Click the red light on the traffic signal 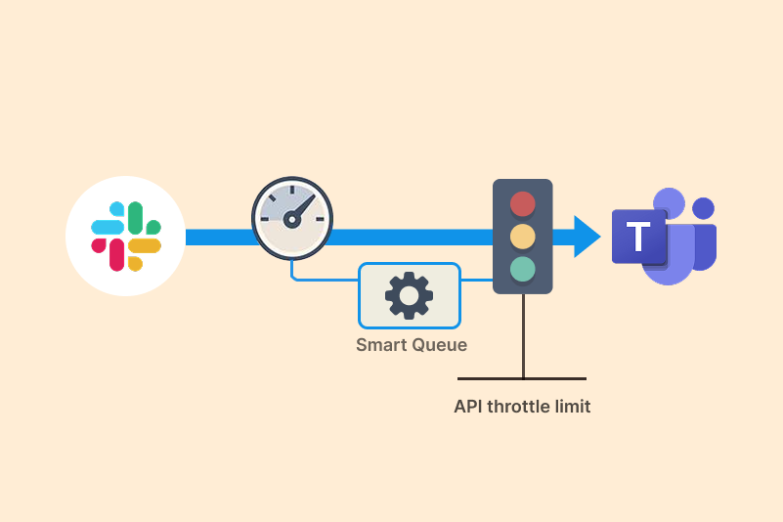coord(523,204)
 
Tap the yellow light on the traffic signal coord(523,237)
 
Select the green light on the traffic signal coord(523,269)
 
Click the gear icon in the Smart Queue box coord(409,295)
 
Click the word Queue coord(439,345)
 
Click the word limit coord(574,407)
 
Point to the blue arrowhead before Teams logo coord(587,237)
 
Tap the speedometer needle coord(304,207)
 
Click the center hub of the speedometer coord(290,221)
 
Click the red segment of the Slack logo coord(116,253)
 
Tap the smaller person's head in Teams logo coord(702,208)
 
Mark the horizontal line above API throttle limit coord(522,378)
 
